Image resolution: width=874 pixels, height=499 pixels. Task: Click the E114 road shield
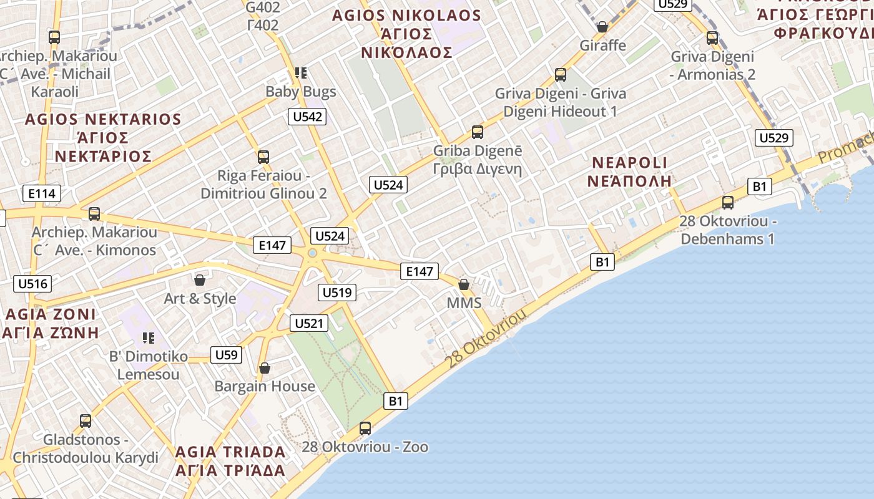point(42,193)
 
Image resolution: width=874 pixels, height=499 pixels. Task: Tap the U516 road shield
point(32,284)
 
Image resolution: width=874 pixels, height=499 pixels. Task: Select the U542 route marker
point(307,116)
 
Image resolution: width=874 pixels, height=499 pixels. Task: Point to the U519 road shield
point(337,292)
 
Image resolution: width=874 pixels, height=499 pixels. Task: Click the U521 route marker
point(309,323)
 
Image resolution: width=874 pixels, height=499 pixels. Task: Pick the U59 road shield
point(226,355)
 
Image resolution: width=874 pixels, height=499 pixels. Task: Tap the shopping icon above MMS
point(464,284)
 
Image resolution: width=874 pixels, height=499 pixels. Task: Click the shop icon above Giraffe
point(602,27)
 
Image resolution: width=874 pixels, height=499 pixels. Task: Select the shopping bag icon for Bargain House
point(265,368)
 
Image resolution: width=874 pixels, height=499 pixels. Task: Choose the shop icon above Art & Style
point(200,280)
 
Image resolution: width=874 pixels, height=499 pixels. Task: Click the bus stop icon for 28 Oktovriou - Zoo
point(365,429)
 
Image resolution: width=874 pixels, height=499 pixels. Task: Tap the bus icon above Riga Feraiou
point(263,157)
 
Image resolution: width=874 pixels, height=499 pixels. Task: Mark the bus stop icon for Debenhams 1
point(728,202)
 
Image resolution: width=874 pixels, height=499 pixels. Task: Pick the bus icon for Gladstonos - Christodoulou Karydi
point(86,421)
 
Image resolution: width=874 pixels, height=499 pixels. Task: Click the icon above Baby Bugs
point(301,73)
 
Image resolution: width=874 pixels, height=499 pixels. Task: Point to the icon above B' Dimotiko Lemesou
point(149,338)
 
